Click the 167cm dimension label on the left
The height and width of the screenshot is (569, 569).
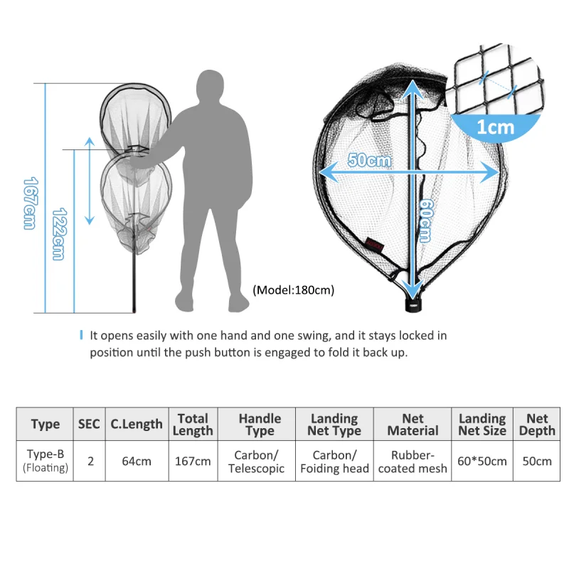pyautogui.click(x=31, y=203)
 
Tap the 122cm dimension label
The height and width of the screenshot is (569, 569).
pyautogui.click(x=59, y=234)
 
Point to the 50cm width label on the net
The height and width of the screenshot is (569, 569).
pyautogui.click(x=369, y=160)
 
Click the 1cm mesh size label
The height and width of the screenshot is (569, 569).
pyautogui.click(x=495, y=127)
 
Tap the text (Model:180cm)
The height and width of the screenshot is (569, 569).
pyautogui.click(x=293, y=290)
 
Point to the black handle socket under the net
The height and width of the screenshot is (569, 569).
pyautogui.click(x=414, y=304)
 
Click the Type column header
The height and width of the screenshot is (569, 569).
pyautogui.click(x=45, y=424)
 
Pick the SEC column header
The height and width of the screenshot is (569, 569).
pyautogui.click(x=90, y=424)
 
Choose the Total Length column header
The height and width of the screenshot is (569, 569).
pyautogui.click(x=193, y=424)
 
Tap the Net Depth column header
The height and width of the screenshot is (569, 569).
pyautogui.click(x=537, y=424)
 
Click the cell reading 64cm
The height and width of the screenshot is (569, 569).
pyautogui.click(x=137, y=461)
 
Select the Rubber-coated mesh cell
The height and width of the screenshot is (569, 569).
pyautogui.click(x=413, y=461)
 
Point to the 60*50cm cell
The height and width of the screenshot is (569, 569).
pyautogui.click(x=482, y=461)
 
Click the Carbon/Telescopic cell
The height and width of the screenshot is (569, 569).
pyautogui.click(x=257, y=461)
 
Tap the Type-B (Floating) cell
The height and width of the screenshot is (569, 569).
pyautogui.click(x=45, y=461)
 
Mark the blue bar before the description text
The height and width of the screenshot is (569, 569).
pyautogui.click(x=81, y=335)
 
